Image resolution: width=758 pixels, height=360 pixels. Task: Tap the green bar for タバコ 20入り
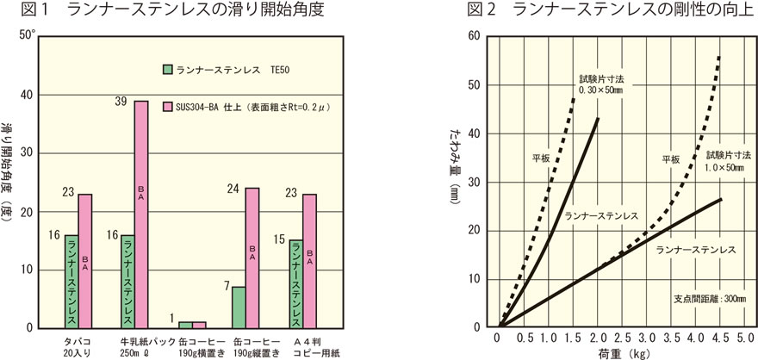tap(71, 282)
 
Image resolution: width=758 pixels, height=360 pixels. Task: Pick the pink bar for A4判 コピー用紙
tap(309, 261)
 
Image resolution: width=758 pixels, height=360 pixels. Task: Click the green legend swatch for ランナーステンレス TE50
tap(167, 68)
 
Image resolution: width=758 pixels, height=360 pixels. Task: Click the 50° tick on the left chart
tap(28, 36)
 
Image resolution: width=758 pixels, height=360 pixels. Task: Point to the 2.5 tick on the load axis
tap(623, 338)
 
